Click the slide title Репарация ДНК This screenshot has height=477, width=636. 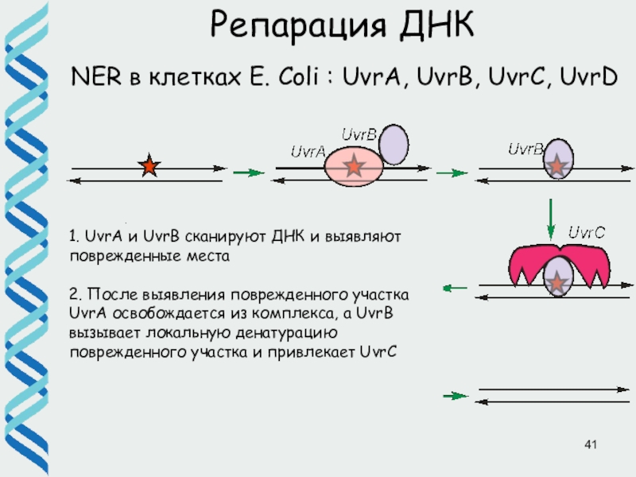coord(342,25)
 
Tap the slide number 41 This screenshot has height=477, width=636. coord(590,444)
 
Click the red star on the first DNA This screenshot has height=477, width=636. coord(149,167)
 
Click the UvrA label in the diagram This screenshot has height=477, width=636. coord(308,151)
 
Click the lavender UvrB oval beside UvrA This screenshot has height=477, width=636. coord(394,145)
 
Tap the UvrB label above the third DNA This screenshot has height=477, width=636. coord(525,149)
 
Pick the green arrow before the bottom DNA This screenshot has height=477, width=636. coord(454,395)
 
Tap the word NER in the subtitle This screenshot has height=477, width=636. coord(94,77)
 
